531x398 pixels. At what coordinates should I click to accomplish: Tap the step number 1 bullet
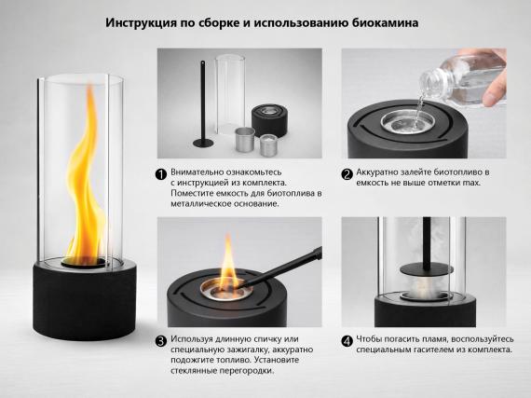point(161,173)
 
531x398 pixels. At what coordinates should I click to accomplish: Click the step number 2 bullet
point(347,173)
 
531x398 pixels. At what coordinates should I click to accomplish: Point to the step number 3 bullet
point(161,341)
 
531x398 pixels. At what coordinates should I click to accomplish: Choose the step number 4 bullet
point(347,341)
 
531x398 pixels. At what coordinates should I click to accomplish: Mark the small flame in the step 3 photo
point(227,261)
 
